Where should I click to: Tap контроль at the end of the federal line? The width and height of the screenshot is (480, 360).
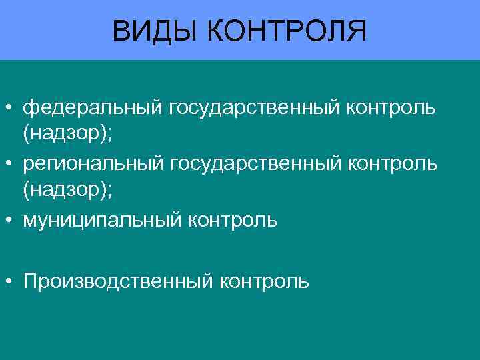[391, 107]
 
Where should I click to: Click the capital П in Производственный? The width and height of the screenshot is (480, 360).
[30, 280]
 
